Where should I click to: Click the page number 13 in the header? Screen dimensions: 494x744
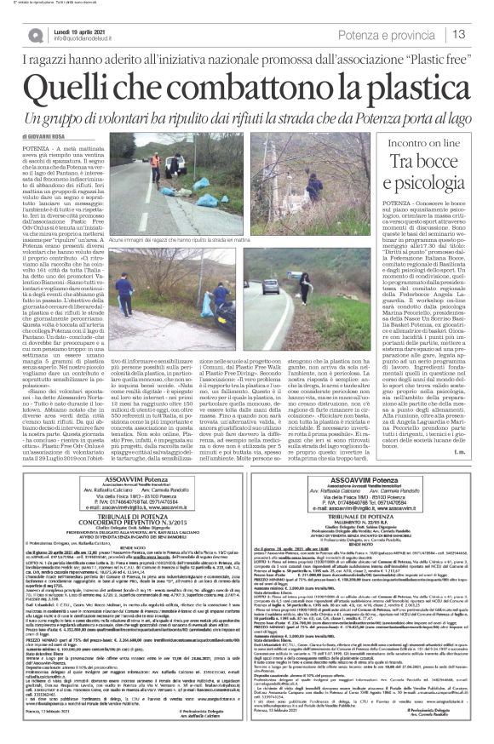[477, 33]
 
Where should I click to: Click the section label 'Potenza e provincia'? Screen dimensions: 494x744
[406, 33]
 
